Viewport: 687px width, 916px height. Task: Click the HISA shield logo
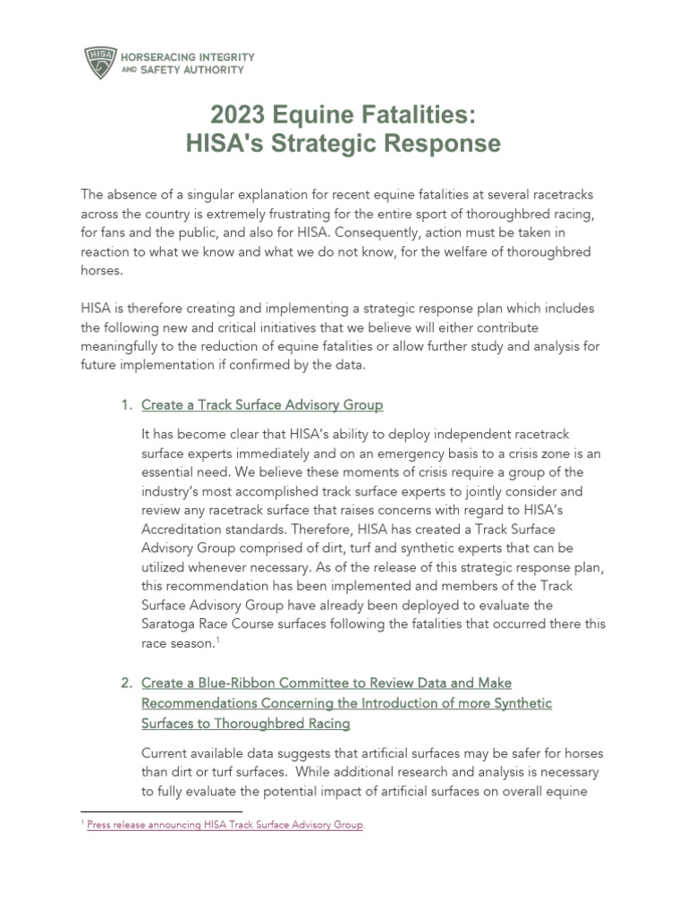click(99, 61)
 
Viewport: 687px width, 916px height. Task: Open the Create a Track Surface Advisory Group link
click(262, 405)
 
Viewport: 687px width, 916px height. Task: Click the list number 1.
click(125, 405)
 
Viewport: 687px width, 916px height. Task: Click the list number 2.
click(125, 683)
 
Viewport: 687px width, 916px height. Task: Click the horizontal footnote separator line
click(143, 812)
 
